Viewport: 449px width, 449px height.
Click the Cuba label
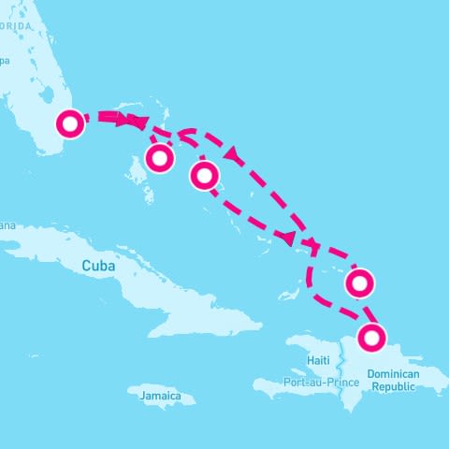pyautogui.click(x=98, y=266)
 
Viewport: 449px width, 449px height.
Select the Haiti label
pyautogui.click(x=319, y=360)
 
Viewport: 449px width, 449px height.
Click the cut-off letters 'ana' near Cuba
pyautogui.click(x=7, y=224)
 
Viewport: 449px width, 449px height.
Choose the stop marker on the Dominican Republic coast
pyautogui.click(x=374, y=336)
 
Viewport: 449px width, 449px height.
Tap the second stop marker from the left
pyautogui.click(x=160, y=158)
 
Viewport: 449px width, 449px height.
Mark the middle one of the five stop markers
pyautogui.click(x=204, y=174)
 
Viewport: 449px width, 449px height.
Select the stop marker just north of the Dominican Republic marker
pyautogui.click(x=359, y=281)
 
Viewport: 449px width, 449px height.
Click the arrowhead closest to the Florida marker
pyautogui.click(x=138, y=121)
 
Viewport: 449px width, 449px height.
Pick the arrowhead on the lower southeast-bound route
pyautogui.click(x=292, y=237)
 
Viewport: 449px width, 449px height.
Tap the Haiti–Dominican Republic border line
pyautogui.click(x=345, y=365)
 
